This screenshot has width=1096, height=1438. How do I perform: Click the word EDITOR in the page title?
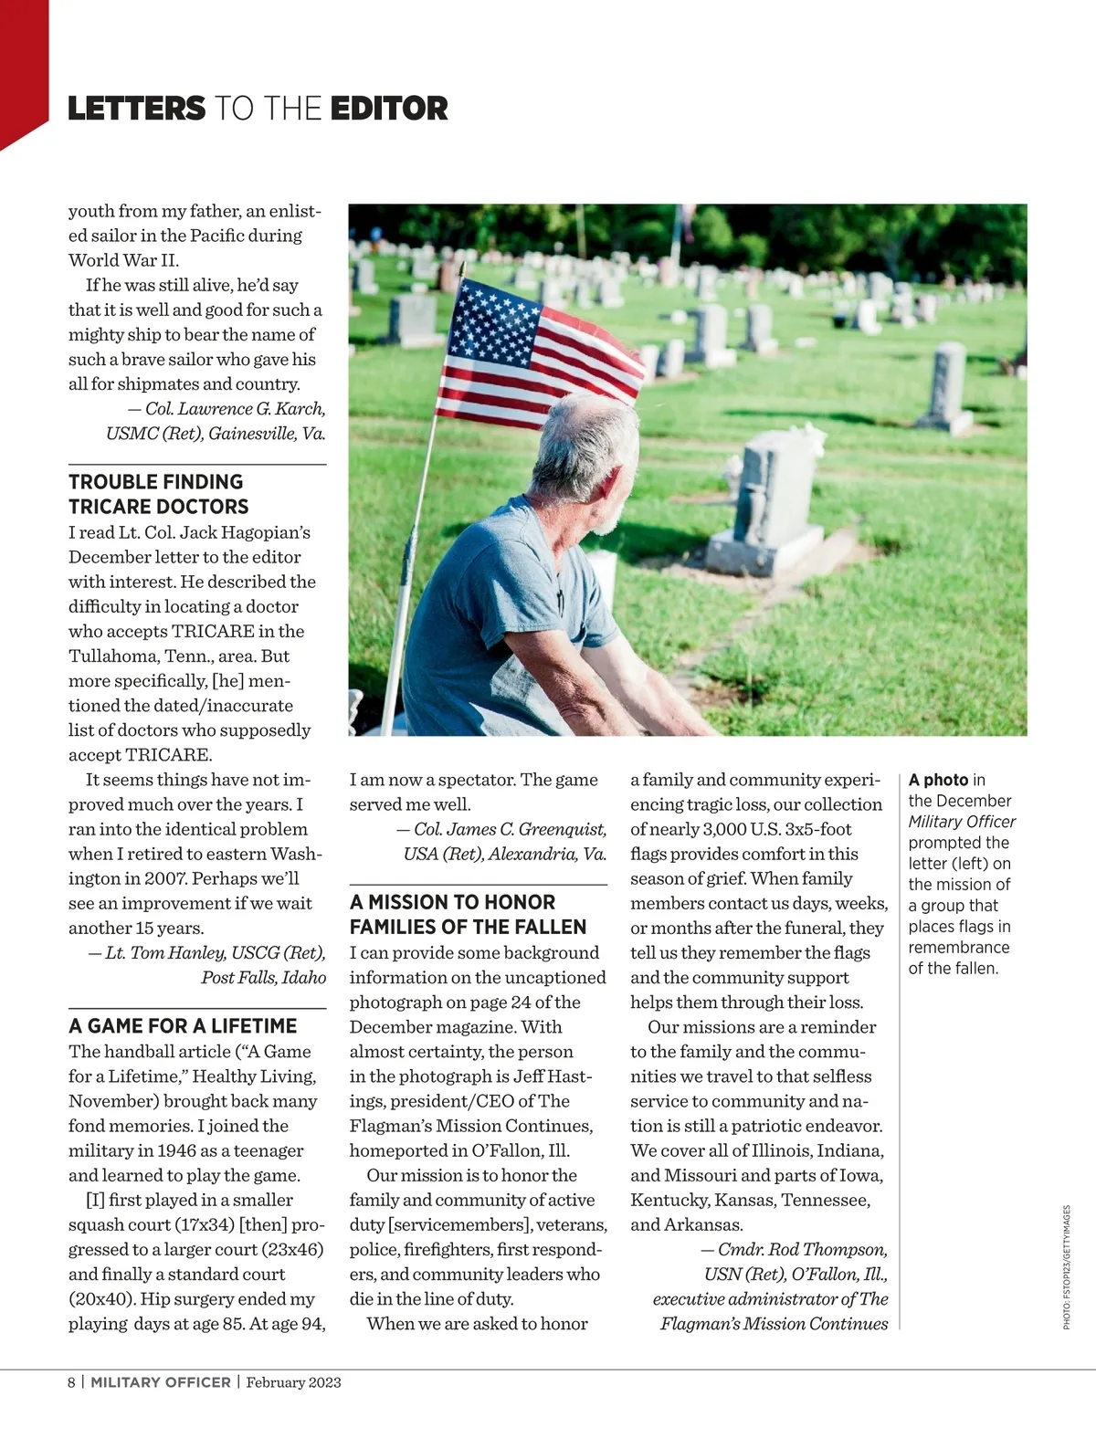point(389,109)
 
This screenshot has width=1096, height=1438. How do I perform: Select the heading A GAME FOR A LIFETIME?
point(183,1025)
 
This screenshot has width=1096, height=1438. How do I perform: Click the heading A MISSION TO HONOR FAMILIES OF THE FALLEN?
point(468,914)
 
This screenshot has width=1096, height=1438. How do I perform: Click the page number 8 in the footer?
point(72,1382)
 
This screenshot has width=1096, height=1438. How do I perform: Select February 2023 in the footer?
point(293,1382)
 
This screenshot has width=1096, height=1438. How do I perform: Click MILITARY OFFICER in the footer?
point(161,1382)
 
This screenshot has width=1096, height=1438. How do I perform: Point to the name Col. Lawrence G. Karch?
point(236,409)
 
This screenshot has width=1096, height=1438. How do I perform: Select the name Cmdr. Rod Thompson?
point(802,1249)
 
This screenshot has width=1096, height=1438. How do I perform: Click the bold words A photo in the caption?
point(938,780)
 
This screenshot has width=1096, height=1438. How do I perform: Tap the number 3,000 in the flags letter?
point(731,829)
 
